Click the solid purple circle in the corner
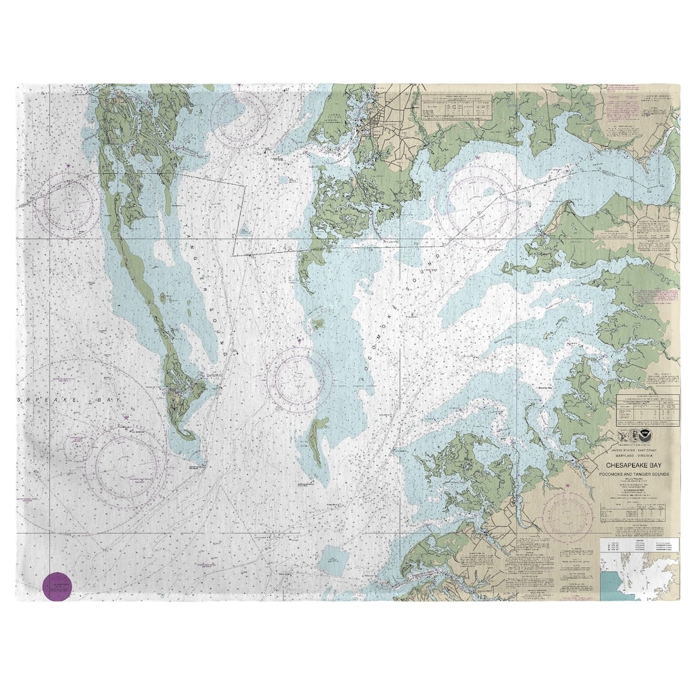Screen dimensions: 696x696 (57, 587)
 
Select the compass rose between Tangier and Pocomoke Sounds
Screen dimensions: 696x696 (299, 380)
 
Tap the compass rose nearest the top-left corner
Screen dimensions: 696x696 (67, 205)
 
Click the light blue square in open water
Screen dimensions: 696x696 (334, 559)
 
